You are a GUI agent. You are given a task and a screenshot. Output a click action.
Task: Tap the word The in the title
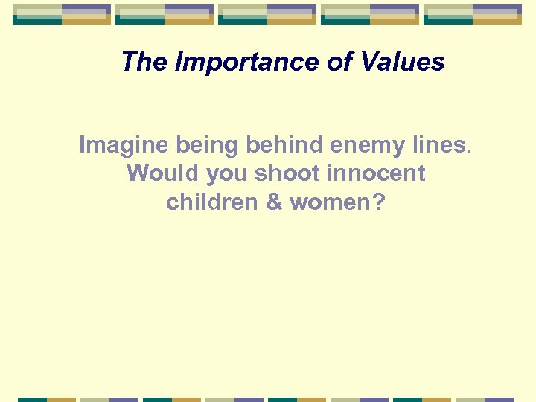[x=144, y=62]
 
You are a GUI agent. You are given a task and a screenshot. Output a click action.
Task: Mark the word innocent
[x=378, y=173]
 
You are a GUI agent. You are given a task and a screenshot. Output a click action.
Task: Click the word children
[x=211, y=202]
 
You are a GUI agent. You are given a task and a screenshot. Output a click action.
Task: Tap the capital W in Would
[x=139, y=173]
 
